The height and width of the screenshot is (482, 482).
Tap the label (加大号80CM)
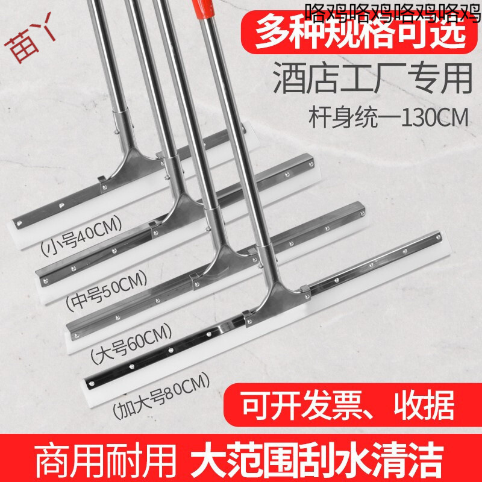pyautogui.click(x=160, y=394)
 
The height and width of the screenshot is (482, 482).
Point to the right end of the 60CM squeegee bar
pyautogui.click(x=361, y=208)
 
